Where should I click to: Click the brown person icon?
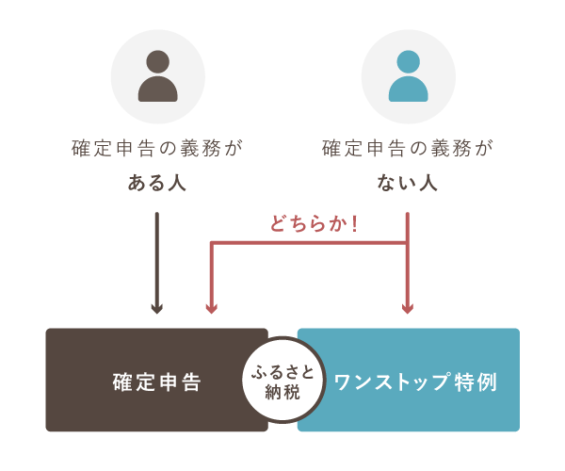(x=157, y=76)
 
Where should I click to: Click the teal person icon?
(x=408, y=76)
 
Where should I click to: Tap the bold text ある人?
(x=157, y=184)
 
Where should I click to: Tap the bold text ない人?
(x=408, y=184)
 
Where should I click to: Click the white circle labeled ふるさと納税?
(x=282, y=380)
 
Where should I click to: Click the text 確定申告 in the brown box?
(x=156, y=381)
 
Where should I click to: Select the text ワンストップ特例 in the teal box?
(x=414, y=381)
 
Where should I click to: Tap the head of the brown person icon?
(x=157, y=62)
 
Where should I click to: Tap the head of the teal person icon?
(x=408, y=62)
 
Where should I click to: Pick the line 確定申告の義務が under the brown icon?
(x=157, y=149)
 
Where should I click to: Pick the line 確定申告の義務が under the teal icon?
(x=408, y=149)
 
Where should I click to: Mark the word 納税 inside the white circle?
(x=282, y=392)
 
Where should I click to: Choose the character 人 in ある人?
(x=176, y=184)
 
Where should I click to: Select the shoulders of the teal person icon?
(x=408, y=90)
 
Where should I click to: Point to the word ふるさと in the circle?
(x=282, y=370)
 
